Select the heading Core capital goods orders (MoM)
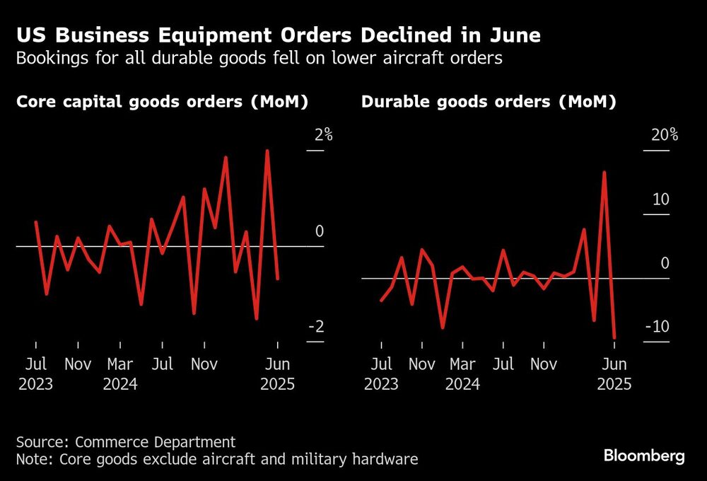click(x=163, y=102)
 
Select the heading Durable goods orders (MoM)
click(x=489, y=102)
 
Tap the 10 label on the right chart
click(x=661, y=199)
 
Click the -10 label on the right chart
click(x=658, y=327)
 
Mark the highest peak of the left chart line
click(x=267, y=151)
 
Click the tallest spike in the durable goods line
click(x=604, y=172)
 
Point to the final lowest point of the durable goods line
click(x=614, y=338)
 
